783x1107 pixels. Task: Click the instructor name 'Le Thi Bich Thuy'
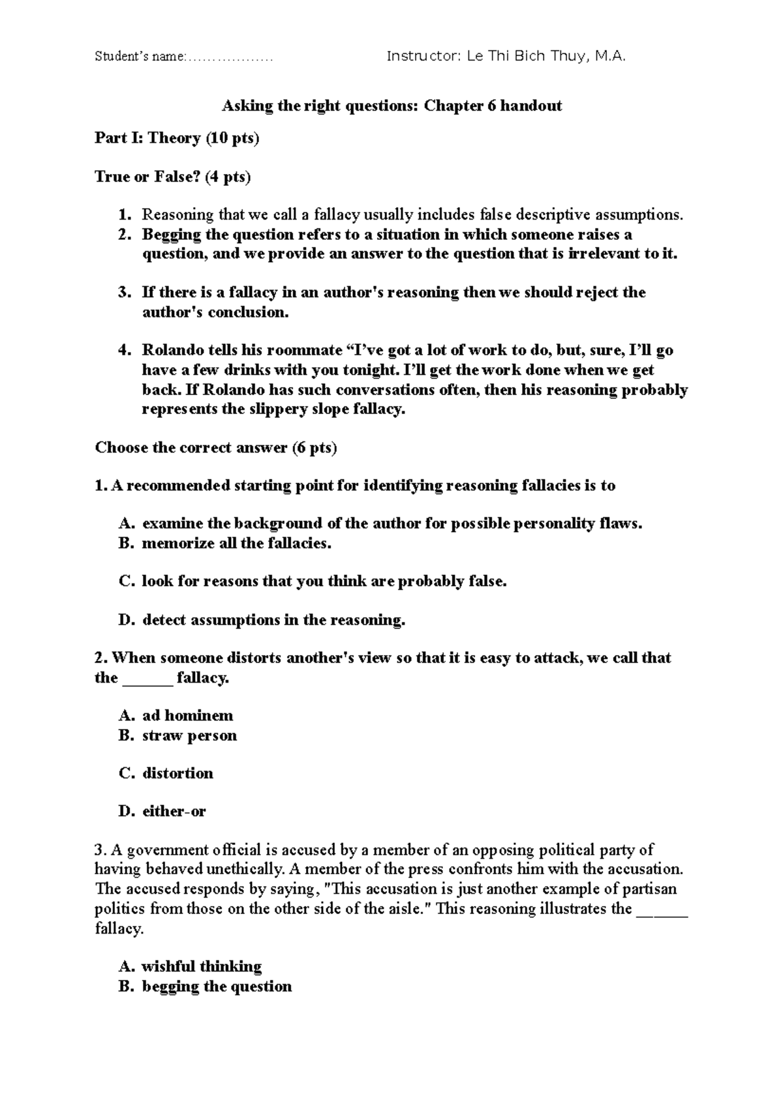pyautogui.click(x=528, y=57)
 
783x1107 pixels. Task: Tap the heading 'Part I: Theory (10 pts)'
pyautogui.click(x=177, y=138)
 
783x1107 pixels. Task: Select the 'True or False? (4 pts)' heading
pyautogui.click(x=172, y=177)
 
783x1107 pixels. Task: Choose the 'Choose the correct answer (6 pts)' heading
pyautogui.click(x=216, y=448)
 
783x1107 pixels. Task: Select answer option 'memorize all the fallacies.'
pyautogui.click(x=237, y=543)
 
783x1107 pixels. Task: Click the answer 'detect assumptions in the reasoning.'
pyautogui.click(x=273, y=620)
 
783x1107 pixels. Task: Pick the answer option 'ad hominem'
pyautogui.click(x=187, y=716)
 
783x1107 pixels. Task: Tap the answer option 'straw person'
pyautogui.click(x=189, y=736)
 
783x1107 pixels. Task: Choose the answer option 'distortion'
pyautogui.click(x=177, y=774)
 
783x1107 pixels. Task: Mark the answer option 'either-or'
pyautogui.click(x=174, y=812)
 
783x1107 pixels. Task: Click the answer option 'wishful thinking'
pyautogui.click(x=202, y=966)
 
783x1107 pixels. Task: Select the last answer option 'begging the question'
pyautogui.click(x=217, y=986)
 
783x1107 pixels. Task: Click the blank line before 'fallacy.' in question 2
pyautogui.click(x=148, y=680)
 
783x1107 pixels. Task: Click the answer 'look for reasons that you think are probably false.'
pyautogui.click(x=324, y=582)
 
